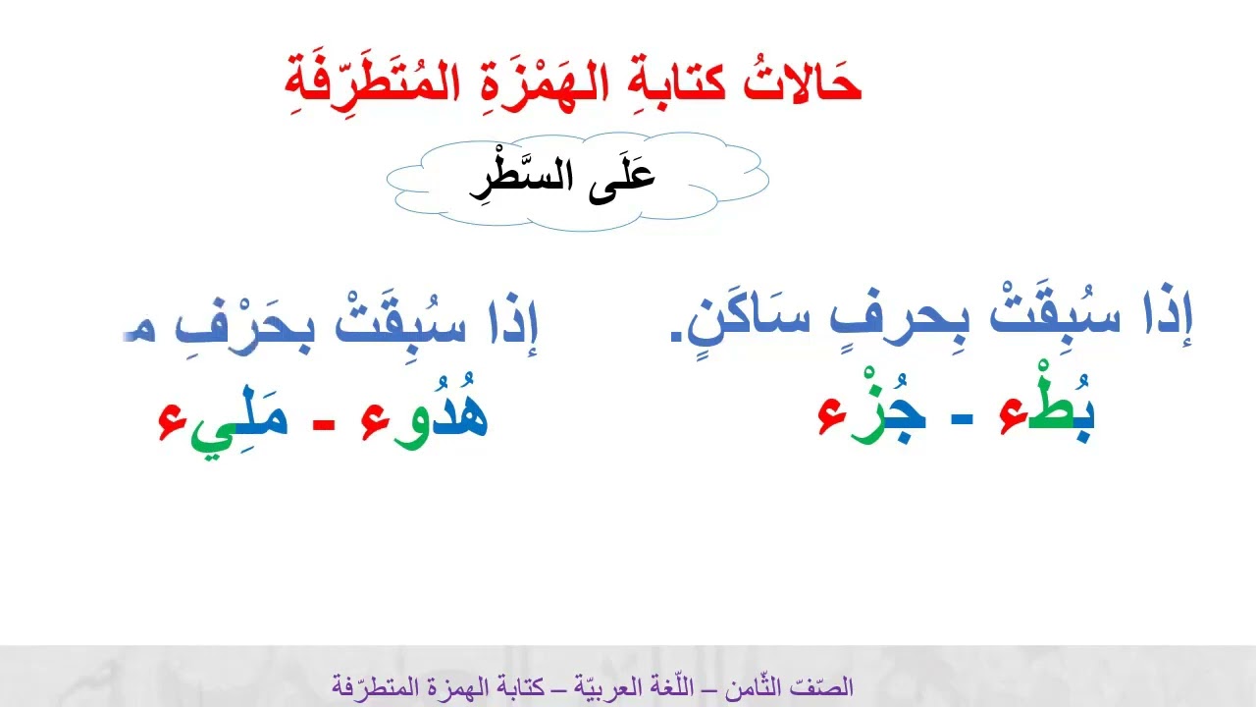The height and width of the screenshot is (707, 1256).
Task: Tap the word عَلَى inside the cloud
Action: tap(624, 177)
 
